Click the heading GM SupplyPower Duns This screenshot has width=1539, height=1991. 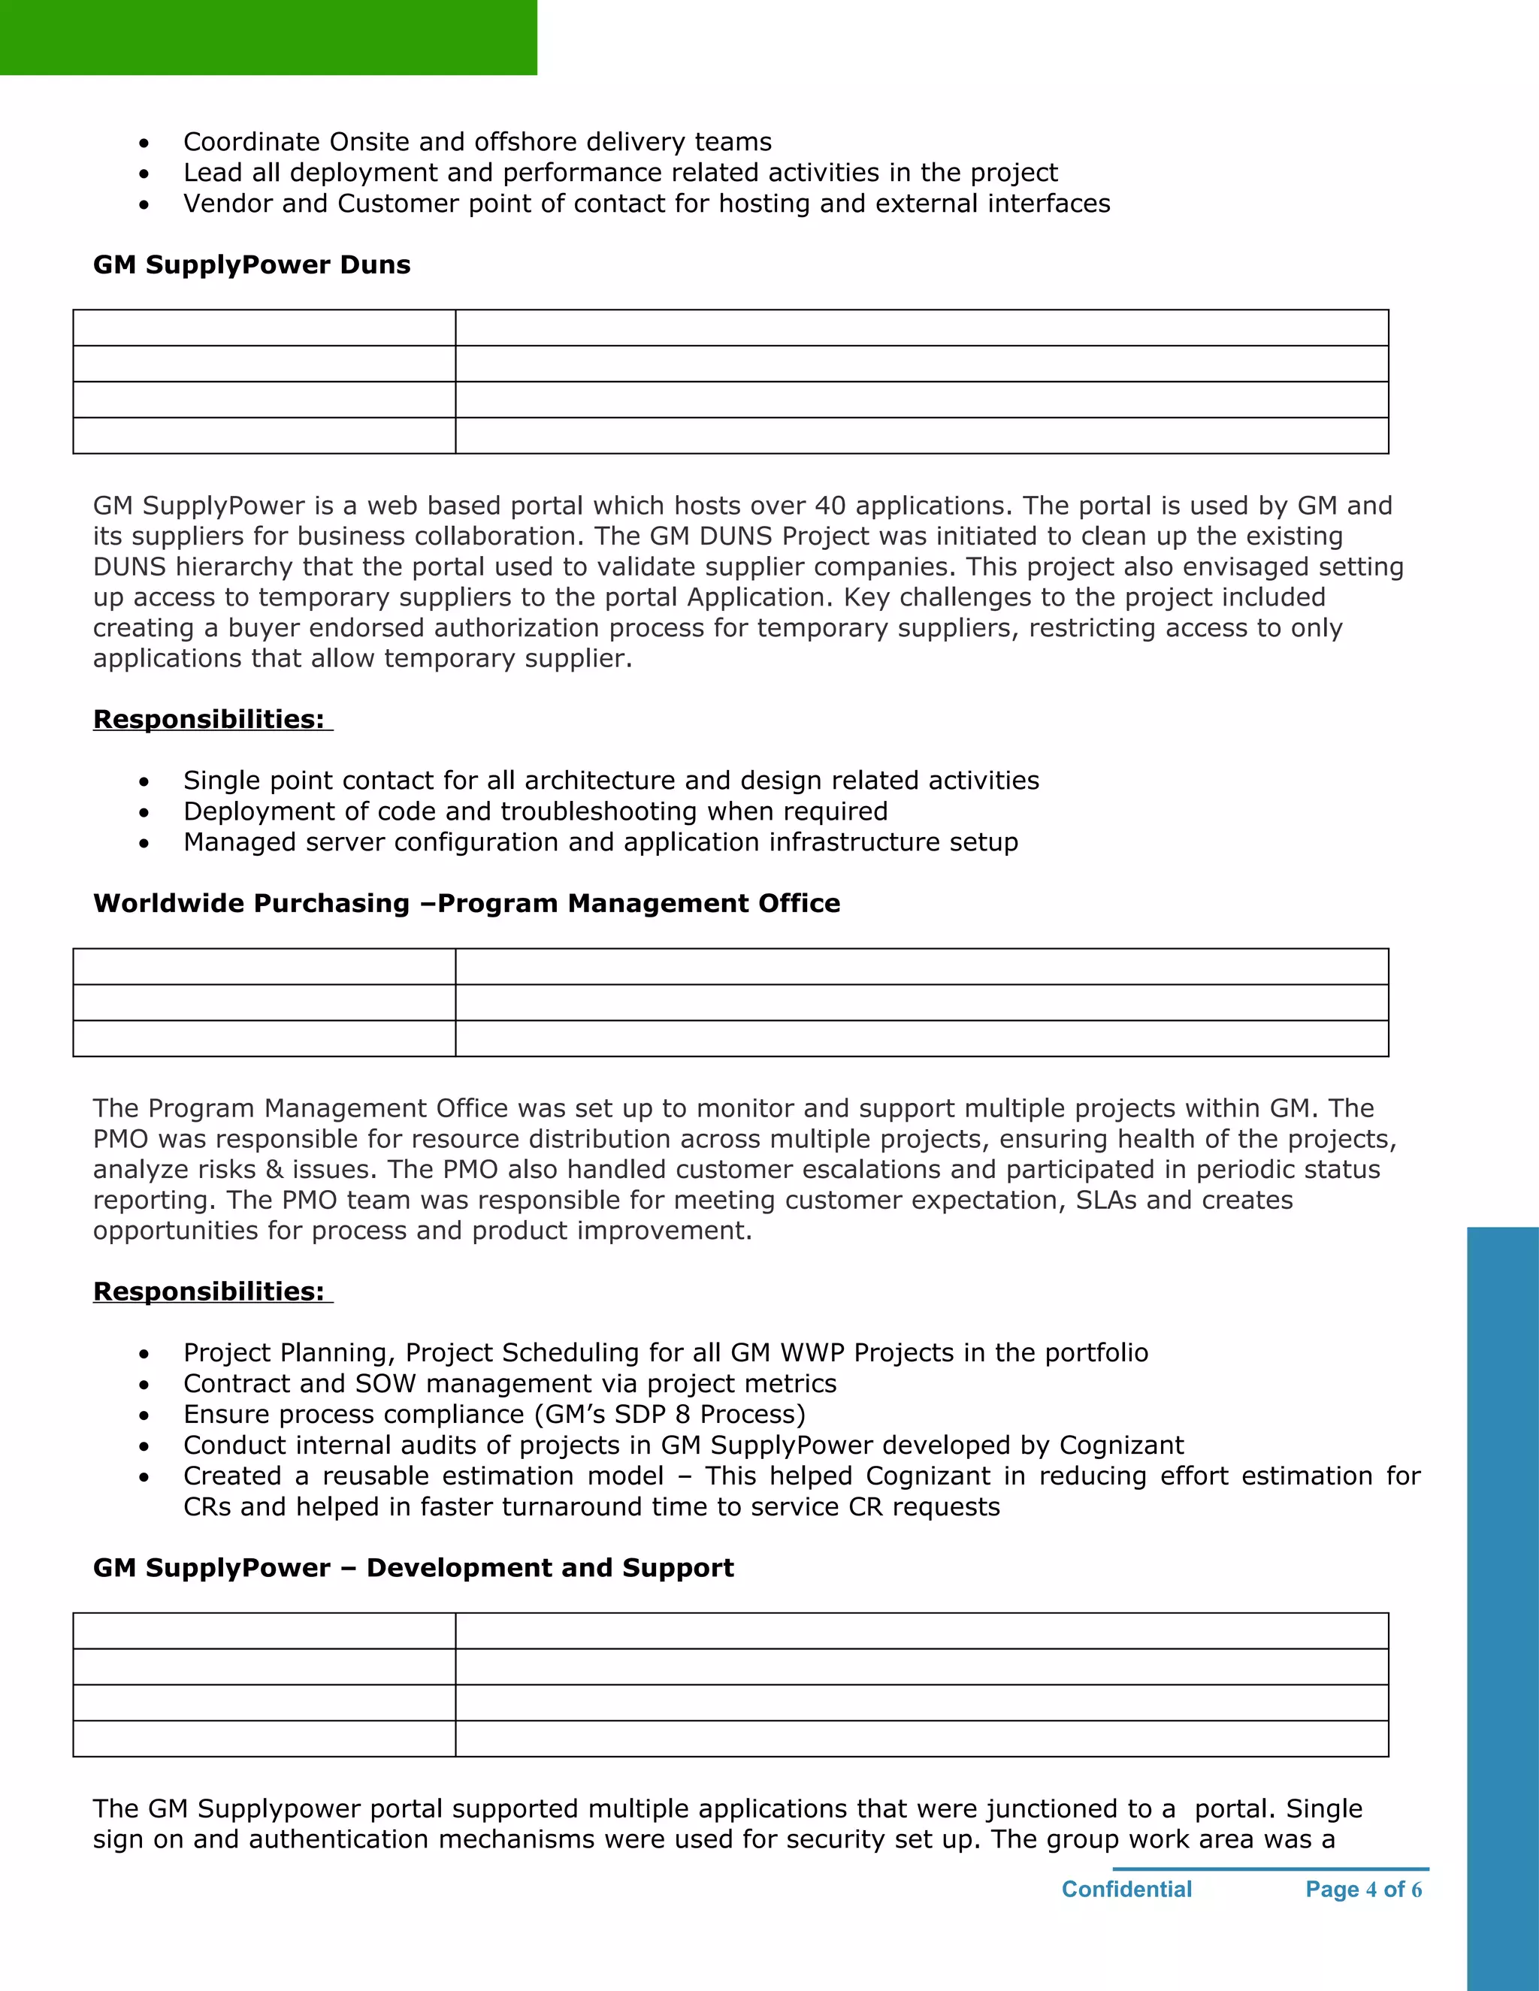tap(252, 264)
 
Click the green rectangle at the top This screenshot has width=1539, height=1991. tap(268, 38)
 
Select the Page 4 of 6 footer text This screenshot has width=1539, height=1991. tap(1363, 1889)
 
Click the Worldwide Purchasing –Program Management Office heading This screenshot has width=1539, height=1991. tap(466, 902)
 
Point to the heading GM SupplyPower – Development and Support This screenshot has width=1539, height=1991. tap(413, 1567)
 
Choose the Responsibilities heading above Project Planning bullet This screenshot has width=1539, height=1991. tap(209, 1291)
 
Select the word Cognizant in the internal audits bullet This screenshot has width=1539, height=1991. tap(1120, 1445)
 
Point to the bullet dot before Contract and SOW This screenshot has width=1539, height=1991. tap(144, 1385)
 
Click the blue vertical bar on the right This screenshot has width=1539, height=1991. tap(1502, 1605)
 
